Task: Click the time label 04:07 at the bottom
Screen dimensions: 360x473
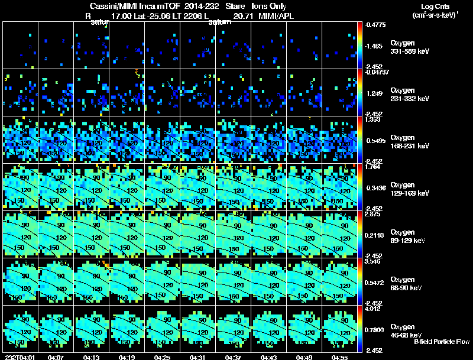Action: [x=56, y=357]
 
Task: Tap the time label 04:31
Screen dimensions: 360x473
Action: [x=198, y=357]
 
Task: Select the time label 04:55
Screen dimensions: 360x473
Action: [x=339, y=357]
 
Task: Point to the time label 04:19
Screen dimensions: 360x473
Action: [x=127, y=357]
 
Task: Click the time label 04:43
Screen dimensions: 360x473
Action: [x=268, y=357]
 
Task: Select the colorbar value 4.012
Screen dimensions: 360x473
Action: [x=372, y=309]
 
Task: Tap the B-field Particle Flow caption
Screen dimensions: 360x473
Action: [x=442, y=342]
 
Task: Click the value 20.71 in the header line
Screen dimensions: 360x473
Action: [x=242, y=16]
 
